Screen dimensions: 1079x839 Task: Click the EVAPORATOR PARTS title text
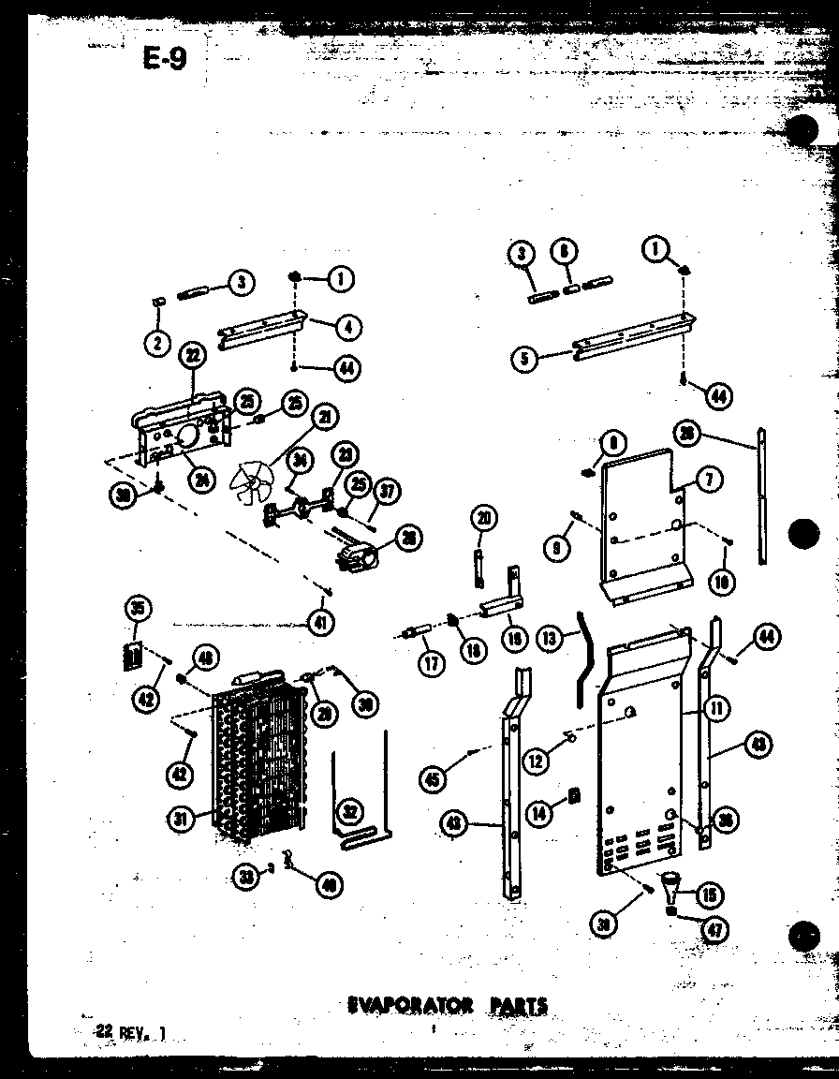click(x=448, y=1006)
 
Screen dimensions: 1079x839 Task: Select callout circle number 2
click(x=158, y=343)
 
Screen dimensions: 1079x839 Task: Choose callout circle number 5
click(x=525, y=359)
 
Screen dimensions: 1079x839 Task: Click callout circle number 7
click(x=709, y=480)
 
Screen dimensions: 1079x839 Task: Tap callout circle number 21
click(x=327, y=416)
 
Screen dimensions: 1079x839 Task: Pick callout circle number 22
click(x=193, y=356)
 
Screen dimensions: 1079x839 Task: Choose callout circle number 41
click(x=323, y=619)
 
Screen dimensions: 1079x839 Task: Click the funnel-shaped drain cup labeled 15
click(x=672, y=882)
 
